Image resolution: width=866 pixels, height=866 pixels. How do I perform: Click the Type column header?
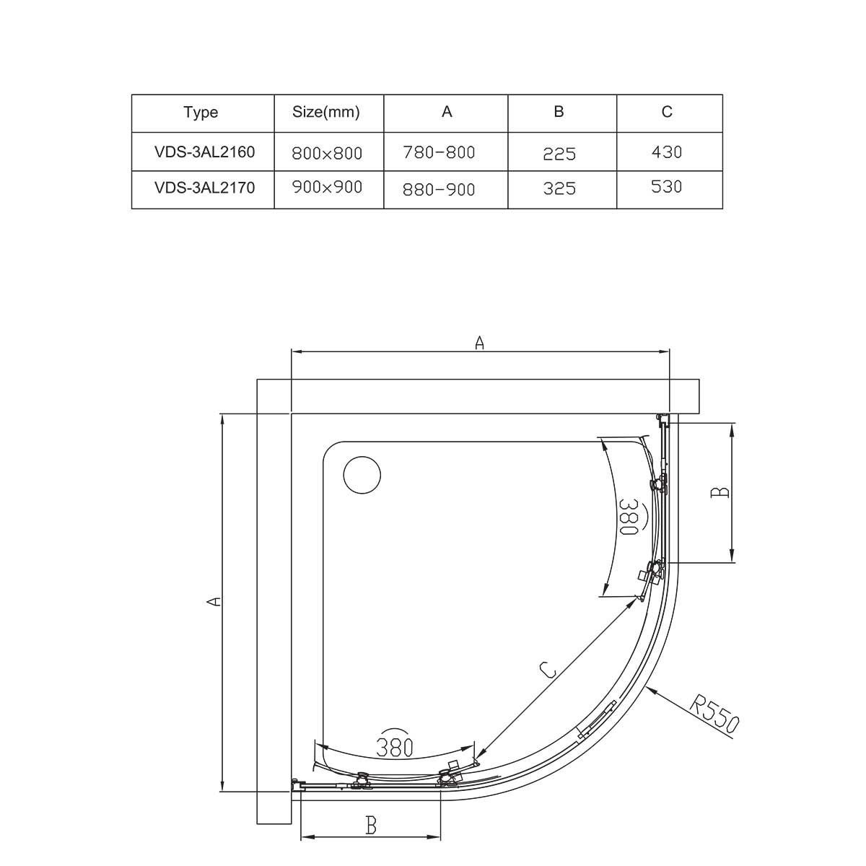click(201, 113)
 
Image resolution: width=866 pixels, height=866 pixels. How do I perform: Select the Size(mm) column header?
click(325, 112)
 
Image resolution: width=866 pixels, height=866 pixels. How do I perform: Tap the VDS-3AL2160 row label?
click(204, 152)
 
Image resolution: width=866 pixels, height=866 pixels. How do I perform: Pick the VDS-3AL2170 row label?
click(204, 187)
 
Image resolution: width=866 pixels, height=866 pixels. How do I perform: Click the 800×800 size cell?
click(327, 154)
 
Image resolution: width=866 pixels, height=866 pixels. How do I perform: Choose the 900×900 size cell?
click(327, 187)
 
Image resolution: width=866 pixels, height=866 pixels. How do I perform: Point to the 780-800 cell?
click(439, 153)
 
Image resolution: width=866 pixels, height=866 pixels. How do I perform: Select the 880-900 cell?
click(439, 190)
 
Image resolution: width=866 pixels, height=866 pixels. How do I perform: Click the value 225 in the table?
click(559, 154)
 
